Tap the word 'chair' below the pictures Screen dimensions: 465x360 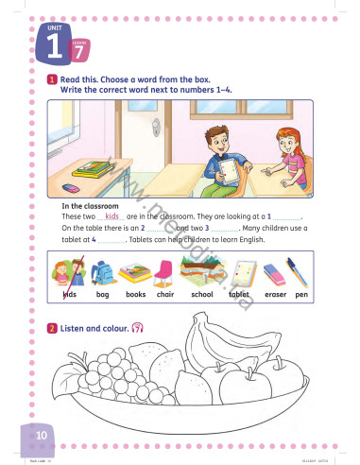(x=165, y=295)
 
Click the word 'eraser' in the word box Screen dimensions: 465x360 (x=275, y=295)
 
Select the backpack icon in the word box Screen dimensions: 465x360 (x=104, y=274)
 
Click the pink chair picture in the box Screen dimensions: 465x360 (x=164, y=273)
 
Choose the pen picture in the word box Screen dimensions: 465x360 (x=300, y=274)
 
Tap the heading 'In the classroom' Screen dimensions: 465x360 (x=91, y=205)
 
